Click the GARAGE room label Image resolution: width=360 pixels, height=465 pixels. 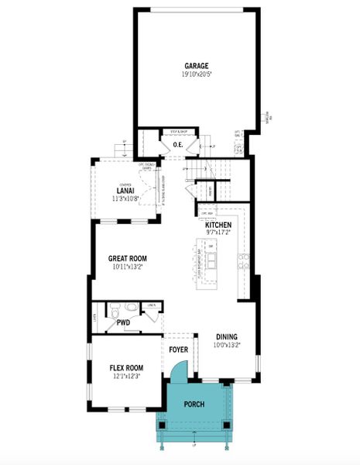pos(197,65)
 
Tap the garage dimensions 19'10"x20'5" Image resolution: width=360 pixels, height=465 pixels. pos(197,74)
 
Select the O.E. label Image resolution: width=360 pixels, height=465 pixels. pos(177,144)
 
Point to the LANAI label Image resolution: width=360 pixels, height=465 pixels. pos(125,191)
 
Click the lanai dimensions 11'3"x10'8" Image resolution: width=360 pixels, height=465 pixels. pos(125,199)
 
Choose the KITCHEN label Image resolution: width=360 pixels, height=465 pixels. pos(219,225)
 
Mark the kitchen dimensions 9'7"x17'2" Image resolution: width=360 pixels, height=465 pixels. pos(219,232)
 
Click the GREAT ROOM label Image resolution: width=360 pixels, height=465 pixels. pos(128,258)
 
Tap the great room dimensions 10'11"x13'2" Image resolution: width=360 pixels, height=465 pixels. pos(128,267)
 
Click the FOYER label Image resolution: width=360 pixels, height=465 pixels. pos(178,350)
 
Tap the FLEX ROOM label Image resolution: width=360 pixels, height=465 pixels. pos(127,367)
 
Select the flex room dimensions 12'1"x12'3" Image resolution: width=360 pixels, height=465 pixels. pos(127,377)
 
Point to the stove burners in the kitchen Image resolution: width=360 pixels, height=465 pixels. pos(243,260)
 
